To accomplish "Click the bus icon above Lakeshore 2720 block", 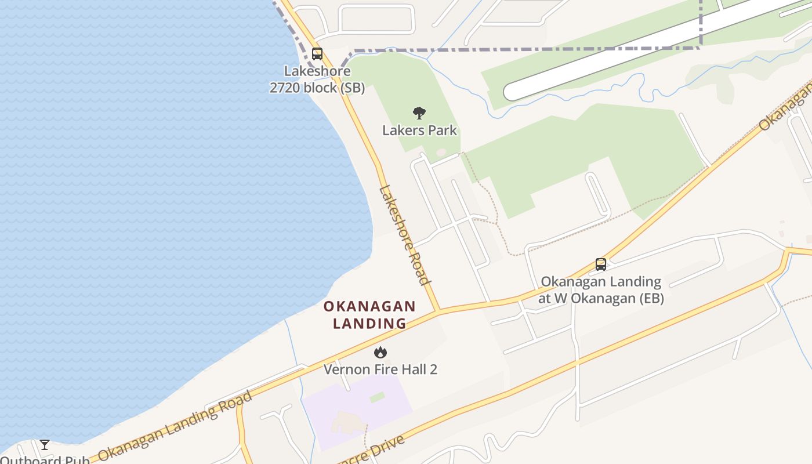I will click(x=317, y=54).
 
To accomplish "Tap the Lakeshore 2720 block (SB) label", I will click(x=317, y=79).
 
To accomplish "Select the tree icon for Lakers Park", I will click(x=419, y=113).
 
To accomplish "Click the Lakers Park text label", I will click(x=419, y=130).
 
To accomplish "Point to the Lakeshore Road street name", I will click(x=405, y=235).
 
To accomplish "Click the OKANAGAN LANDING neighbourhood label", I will click(x=369, y=314).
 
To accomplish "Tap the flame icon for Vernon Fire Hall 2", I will click(x=380, y=352).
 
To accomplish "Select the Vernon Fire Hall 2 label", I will click(x=380, y=369).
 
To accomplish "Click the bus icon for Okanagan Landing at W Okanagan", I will click(x=601, y=264).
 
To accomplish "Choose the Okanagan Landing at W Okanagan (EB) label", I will click(x=601, y=290).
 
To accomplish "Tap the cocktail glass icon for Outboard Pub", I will click(x=45, y=445).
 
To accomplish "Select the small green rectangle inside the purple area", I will click(x=377, y=397).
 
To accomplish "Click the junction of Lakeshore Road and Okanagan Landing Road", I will click(x=438, y=311).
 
